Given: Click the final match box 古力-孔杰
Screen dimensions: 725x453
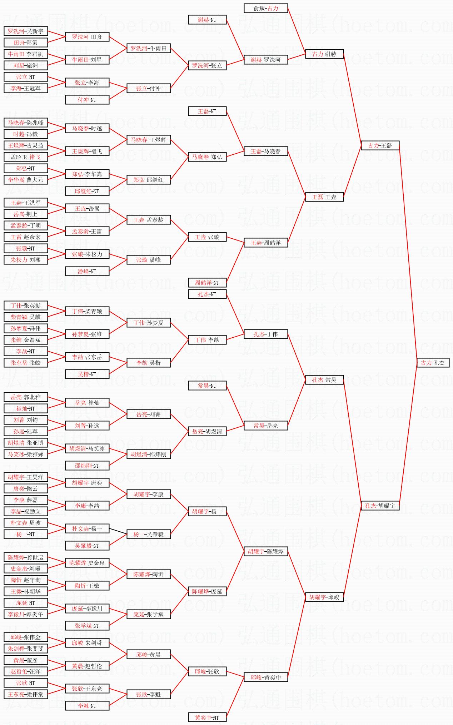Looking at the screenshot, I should (x=433, y=363).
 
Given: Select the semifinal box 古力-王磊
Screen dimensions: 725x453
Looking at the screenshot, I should (x=380, y=145).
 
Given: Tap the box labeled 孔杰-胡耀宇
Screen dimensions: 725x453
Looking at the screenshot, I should (x=380, y=506).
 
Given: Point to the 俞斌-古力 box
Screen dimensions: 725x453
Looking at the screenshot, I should (x=266, y=8).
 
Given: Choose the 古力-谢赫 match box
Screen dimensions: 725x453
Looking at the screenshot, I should (x=324, y=54).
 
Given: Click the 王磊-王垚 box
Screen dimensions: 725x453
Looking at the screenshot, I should (x=324, y=197).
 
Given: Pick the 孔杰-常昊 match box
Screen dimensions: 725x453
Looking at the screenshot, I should (x=324, y=380).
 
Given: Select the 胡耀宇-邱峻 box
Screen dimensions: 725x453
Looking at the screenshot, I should (x=324, y=597).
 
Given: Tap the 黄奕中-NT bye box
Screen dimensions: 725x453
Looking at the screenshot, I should (x=207, y=717).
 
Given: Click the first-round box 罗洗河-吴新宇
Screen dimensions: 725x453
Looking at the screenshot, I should (x=26, y=31).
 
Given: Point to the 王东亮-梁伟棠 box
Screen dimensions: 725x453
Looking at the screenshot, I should (x=26, y=694).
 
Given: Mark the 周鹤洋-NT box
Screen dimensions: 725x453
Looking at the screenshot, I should (x=207, y=283).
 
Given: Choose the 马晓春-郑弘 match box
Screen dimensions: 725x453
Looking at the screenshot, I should (x=207, y=157).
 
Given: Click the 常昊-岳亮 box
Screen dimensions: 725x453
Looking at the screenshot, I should (x=266, y=426).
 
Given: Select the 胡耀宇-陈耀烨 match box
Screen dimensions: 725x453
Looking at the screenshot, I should (x=266, y=551).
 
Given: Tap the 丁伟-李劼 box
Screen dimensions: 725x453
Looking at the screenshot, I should (x=207, y=340).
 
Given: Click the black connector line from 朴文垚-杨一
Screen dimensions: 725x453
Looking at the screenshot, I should (x=118, y=531).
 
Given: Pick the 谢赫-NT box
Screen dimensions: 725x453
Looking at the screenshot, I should (x=207, y=20).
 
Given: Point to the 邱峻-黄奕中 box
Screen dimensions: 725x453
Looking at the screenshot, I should (x=266, y=677).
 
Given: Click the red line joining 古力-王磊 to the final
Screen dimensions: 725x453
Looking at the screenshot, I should (x=408, y=254).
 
